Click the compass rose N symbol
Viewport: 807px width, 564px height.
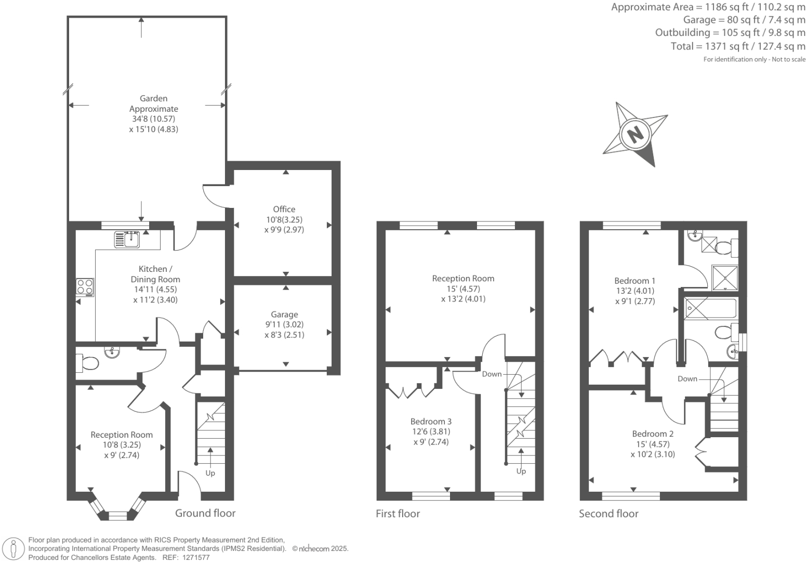coord(635,134)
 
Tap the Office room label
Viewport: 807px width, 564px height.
coord(284,209)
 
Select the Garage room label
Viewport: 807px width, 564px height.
coord(284,314)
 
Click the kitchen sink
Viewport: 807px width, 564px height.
coord(127,239)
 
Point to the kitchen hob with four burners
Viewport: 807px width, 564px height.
coord(85,286)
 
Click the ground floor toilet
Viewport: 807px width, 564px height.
coord(87,363)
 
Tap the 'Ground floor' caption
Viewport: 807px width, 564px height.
coord(205,513)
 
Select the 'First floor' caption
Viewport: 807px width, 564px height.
coord(398,514)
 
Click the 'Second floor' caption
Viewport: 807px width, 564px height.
coord(608,514)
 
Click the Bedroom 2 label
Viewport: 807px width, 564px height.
coord(653,434)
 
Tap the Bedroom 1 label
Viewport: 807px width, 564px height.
coord(634,281)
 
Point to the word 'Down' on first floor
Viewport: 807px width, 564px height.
coord(492,374)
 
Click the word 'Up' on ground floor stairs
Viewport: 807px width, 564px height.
coord(210,473)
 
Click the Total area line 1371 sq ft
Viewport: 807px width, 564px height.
coord(738,46)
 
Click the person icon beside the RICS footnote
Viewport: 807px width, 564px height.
coord(14,549)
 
